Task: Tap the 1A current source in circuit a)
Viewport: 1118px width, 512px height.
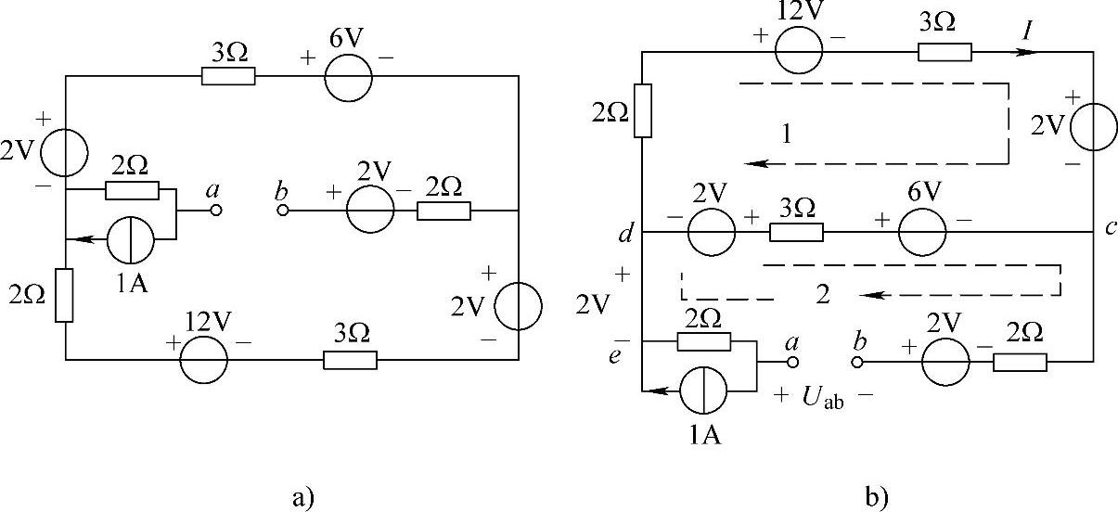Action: coord(131,239)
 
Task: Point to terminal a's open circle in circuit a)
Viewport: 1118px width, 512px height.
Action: coord(216,211)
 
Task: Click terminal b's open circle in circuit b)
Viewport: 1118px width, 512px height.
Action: coord(857,363)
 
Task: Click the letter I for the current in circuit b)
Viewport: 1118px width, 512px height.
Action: coord(1027,32)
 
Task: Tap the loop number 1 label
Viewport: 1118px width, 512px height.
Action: coord(787,134)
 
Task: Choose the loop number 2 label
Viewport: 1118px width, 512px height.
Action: coord(823,294)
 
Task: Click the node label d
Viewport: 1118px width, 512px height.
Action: coord(625,233)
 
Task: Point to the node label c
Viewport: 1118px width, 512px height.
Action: coord(1110,227)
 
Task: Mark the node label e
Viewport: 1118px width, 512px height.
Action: coord(615,356)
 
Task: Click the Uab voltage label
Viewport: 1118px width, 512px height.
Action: coord(823,398)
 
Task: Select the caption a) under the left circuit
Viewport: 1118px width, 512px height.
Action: coord(303,498)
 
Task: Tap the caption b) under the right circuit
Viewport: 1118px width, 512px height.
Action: coord(877,497)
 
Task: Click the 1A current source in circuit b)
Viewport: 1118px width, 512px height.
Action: coord(703,390)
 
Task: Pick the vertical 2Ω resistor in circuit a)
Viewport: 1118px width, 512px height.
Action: coord(64,296)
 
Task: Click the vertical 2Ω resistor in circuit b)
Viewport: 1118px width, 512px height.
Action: coord(643,110)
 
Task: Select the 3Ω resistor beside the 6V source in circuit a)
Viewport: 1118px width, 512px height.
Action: coord(228,76)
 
